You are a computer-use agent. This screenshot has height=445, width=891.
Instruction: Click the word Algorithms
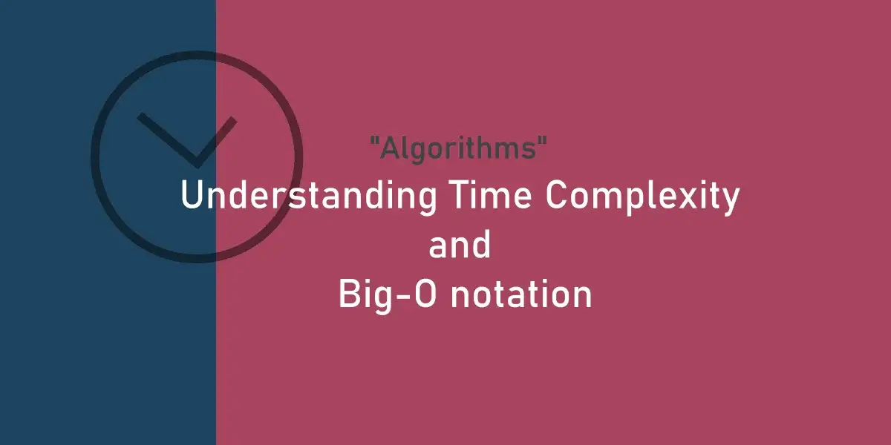pos(458,148)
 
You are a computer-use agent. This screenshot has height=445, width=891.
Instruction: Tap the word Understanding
pos(309,196)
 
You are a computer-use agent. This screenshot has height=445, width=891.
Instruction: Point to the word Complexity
pos(642,197)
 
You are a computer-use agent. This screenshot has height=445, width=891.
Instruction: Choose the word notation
pos(521,294)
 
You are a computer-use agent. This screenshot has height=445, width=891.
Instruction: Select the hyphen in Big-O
pos(405,297)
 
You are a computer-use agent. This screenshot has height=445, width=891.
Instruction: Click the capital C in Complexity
pos(556,194)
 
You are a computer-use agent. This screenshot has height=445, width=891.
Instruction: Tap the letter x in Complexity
pos(688,199)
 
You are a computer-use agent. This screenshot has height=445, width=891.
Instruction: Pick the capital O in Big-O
pos(425,294)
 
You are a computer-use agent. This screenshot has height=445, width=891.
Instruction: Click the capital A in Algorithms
pos(391,148)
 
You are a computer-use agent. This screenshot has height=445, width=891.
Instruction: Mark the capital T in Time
pos(460,194)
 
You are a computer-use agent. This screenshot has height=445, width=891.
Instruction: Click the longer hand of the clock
pos(167,139)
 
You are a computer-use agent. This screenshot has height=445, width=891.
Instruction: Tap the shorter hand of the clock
pos(216,142)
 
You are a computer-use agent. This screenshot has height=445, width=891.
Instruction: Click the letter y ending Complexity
pos(729,202)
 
